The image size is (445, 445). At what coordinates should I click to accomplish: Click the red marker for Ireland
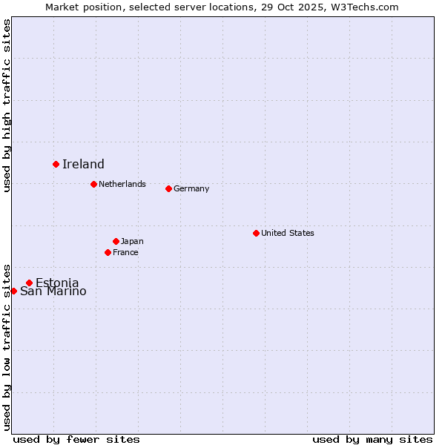[56, 164]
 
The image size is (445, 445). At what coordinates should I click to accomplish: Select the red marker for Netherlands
[93, 184]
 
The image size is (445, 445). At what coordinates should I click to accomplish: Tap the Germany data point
[168, 188]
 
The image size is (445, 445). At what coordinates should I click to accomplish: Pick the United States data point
[256, 233]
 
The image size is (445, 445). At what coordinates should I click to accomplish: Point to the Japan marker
[116, 241]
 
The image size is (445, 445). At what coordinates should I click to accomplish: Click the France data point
[108, 252]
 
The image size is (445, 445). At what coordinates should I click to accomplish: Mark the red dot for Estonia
[29, 283]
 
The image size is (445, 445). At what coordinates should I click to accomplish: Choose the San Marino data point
[13, 291]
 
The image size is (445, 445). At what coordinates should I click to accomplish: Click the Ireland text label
[83, 165]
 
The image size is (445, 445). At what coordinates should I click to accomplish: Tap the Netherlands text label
[122, 184]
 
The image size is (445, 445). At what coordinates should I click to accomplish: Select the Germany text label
[191, 188]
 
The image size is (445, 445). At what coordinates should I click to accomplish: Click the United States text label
[288, 233]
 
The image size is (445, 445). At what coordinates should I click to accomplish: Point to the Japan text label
[132, 241]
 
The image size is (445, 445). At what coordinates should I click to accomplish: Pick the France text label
[125, 252]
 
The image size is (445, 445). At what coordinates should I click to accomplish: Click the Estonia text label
[57, 283]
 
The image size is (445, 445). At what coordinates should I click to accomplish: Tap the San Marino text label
[53, 291]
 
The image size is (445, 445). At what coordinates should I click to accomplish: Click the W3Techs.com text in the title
[362, 7]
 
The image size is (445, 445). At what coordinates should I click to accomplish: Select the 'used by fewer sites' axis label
[76, 439]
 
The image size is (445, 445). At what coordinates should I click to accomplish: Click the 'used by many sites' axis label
[372, 439]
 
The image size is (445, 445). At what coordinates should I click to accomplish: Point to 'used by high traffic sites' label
[7, 105]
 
